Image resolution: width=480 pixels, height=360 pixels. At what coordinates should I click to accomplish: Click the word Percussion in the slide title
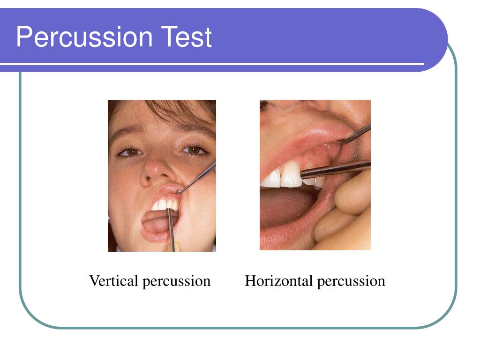85,37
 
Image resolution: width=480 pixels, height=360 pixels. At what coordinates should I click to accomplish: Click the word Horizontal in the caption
279,281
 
